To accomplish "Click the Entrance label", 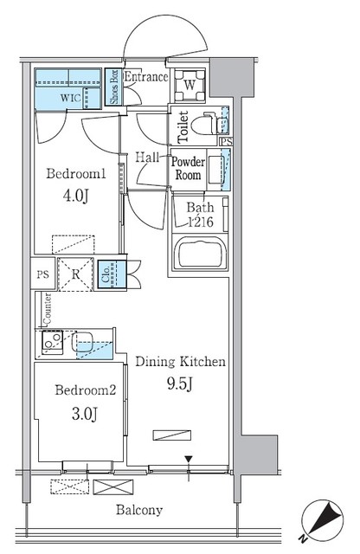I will (145, 78).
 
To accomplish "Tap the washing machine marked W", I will (190, 86).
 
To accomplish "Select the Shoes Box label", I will (113, 87).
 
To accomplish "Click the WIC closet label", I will (71, 98).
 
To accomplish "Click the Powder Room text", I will (187, 168).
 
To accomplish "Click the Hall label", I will (148, 157).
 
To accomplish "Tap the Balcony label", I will (139, 510).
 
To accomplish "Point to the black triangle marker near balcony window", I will (188, 458).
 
